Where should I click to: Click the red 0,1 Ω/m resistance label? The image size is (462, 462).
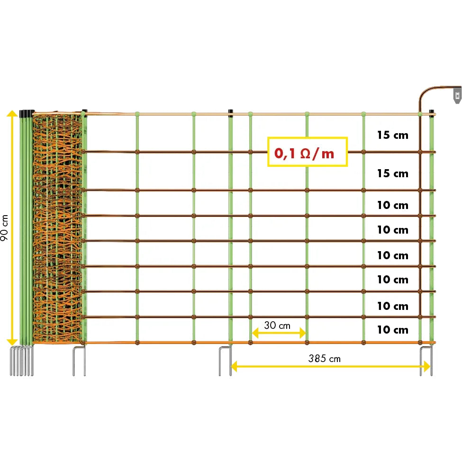pos(307,152)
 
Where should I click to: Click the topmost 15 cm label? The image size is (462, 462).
pos(392,135)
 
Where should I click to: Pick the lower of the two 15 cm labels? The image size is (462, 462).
pos(392,173)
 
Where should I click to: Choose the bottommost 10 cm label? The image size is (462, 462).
pos(392,330)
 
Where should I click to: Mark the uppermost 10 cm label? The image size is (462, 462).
pos(392,205)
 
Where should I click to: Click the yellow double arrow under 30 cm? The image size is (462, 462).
pos(279,334)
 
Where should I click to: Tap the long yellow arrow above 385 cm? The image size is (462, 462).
pos(331,366)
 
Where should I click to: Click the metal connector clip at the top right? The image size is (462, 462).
pos(456,95)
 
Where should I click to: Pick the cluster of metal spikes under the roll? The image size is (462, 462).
pos(22,362)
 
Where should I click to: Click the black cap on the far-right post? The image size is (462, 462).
pos(432,113)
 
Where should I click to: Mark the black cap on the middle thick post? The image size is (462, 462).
pos(231,113)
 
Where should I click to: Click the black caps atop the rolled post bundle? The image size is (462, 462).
pos(27,113)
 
